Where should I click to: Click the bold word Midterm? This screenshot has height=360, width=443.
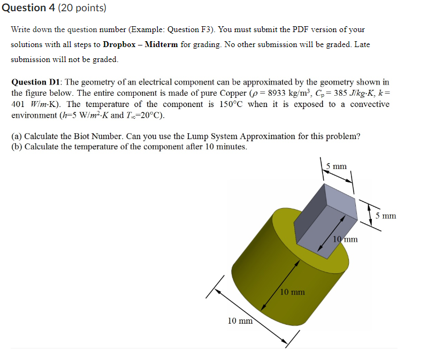click(161, 44)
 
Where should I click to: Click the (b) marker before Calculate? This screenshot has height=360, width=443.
click(17, 147)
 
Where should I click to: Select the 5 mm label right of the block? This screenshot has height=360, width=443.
click(385, 216)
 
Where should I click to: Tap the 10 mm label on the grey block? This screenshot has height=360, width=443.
click(345, 239)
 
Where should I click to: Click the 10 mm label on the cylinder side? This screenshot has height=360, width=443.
click(293, 292)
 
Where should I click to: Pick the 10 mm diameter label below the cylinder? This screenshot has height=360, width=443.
click(240, 321)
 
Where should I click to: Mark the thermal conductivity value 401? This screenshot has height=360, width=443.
click(19, 104)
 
